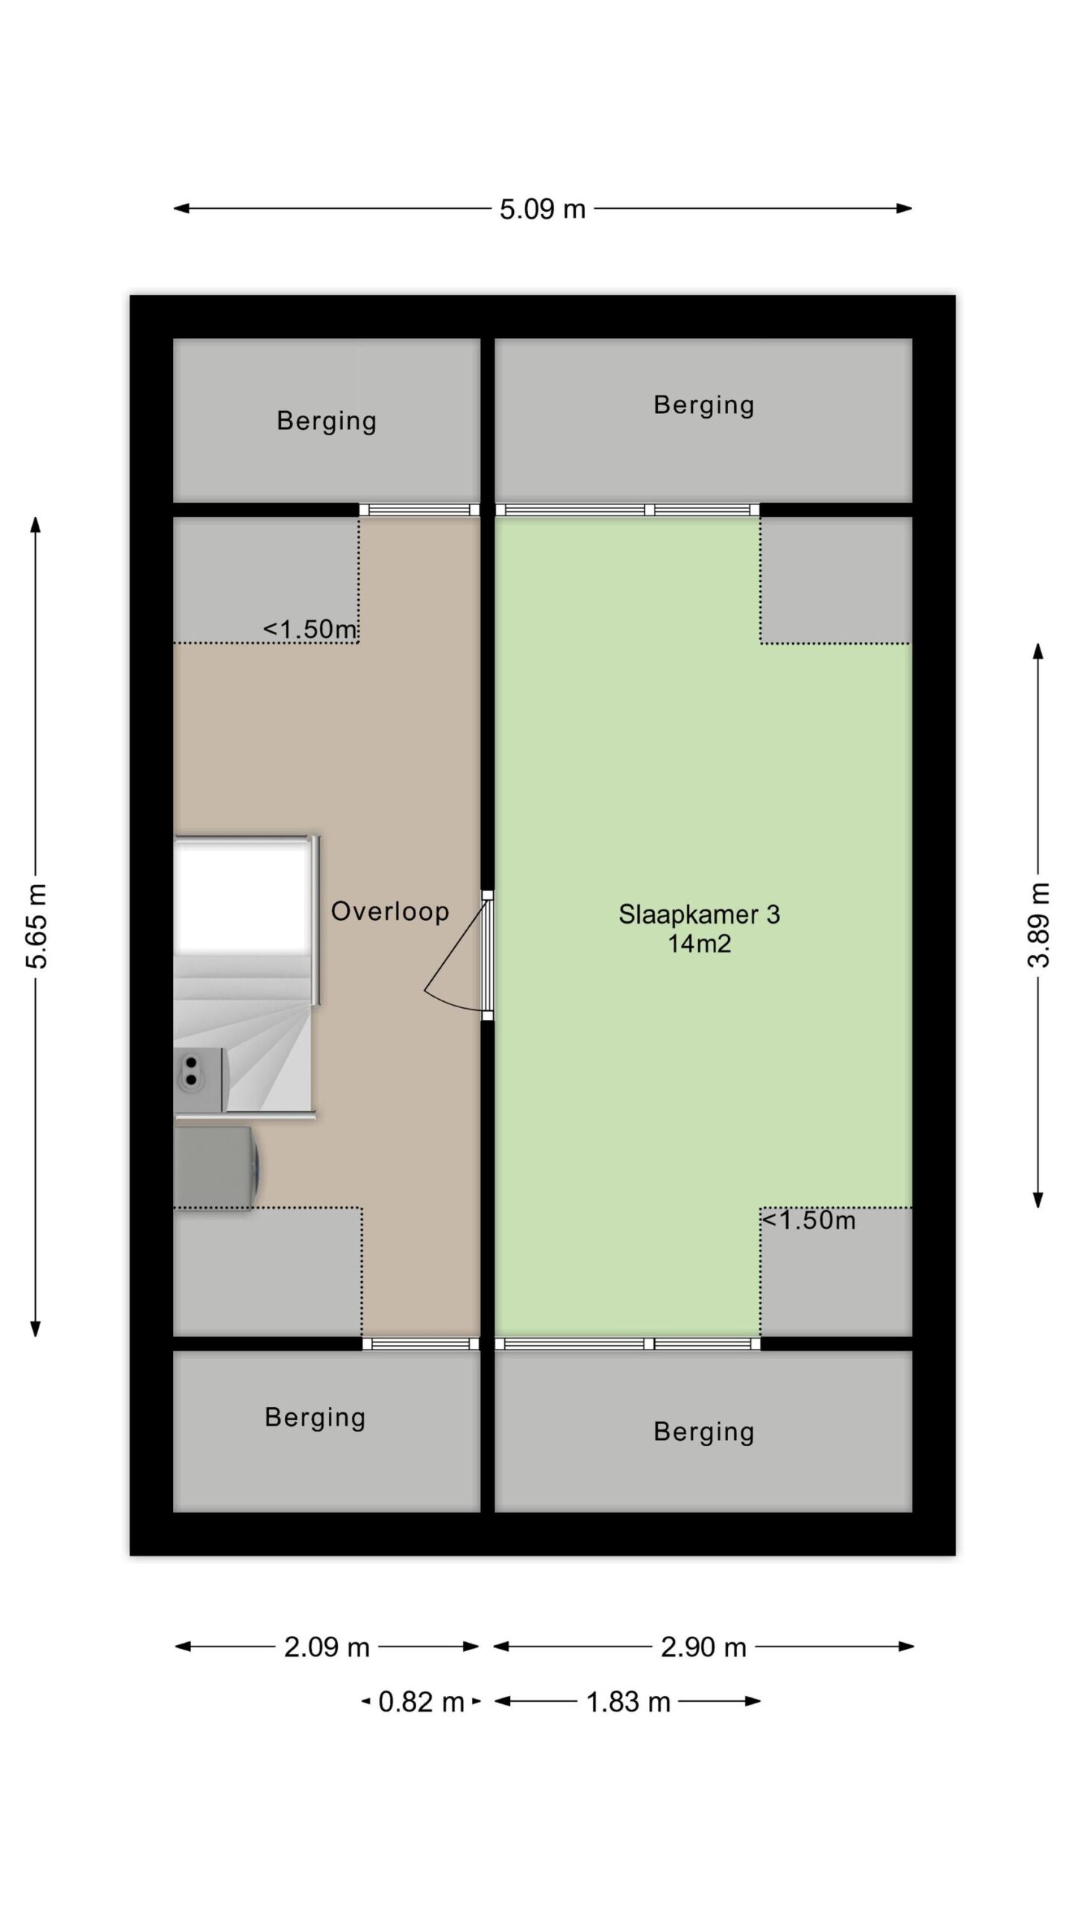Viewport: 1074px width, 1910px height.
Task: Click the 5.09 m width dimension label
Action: coord(542,209)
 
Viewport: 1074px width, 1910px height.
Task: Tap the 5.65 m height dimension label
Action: coord(37,925)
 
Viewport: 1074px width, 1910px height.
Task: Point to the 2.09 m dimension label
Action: coord(327,1647)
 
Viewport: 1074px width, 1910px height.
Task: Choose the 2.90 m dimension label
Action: coord(703,1647)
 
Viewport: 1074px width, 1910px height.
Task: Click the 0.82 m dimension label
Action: coord(421,1702)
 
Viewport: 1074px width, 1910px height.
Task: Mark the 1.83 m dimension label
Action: coord(628,1702)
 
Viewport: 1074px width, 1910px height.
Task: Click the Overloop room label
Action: coord(390,911)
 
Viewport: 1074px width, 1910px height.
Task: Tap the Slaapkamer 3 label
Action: coord(699,914)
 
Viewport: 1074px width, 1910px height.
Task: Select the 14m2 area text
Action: coord(699,944)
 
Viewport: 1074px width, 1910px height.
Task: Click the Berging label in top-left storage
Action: coord(327,422)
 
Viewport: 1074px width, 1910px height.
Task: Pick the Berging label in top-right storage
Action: coord(704,405)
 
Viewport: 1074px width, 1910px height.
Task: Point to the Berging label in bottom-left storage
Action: coord(315,1418)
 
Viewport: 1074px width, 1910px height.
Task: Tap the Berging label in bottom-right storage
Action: coord(704,1432)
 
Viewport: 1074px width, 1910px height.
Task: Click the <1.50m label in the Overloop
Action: coord(310,629)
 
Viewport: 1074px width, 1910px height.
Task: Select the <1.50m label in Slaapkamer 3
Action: coord(808,1220)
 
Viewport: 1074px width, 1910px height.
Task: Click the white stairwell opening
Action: coord(242,895)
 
